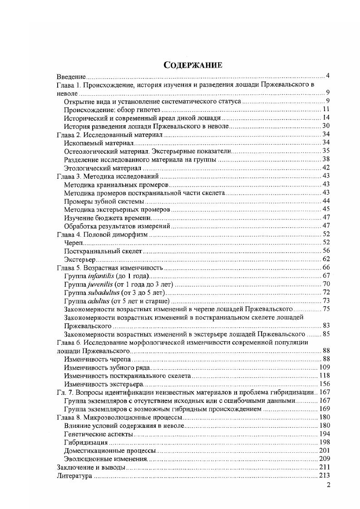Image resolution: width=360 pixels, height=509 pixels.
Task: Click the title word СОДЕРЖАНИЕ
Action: click(192, 65)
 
